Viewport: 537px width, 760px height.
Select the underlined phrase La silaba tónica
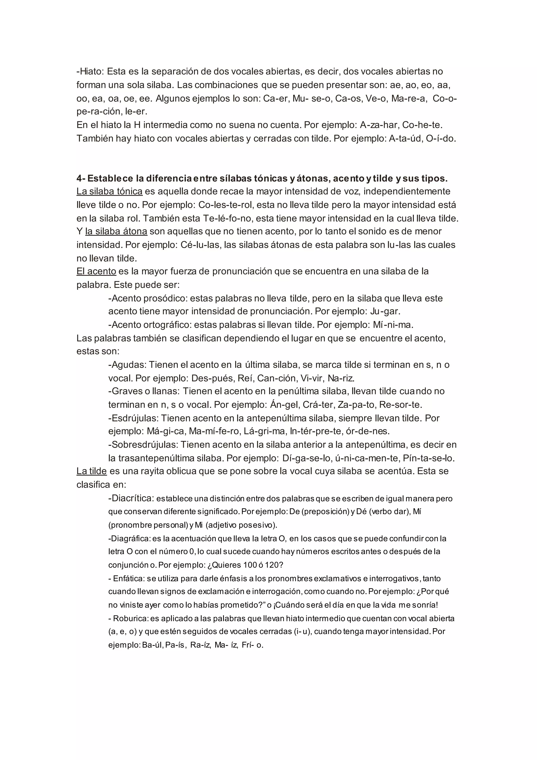pyautogui.click(x=109, y=192)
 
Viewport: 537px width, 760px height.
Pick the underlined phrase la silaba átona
pyautogui.click(x=116, y=231)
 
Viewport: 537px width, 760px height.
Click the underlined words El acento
pyautogui.click(x=96, y=271)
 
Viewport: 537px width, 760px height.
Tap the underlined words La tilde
pyautogui.click(x=92, y=471)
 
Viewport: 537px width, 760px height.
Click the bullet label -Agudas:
pyautogui.click(x=127, y=365)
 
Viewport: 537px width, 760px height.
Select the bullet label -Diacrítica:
pyautogui.click(x=131, y=498)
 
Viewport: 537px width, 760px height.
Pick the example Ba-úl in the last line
pyautogui.click(x=152, y=645)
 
